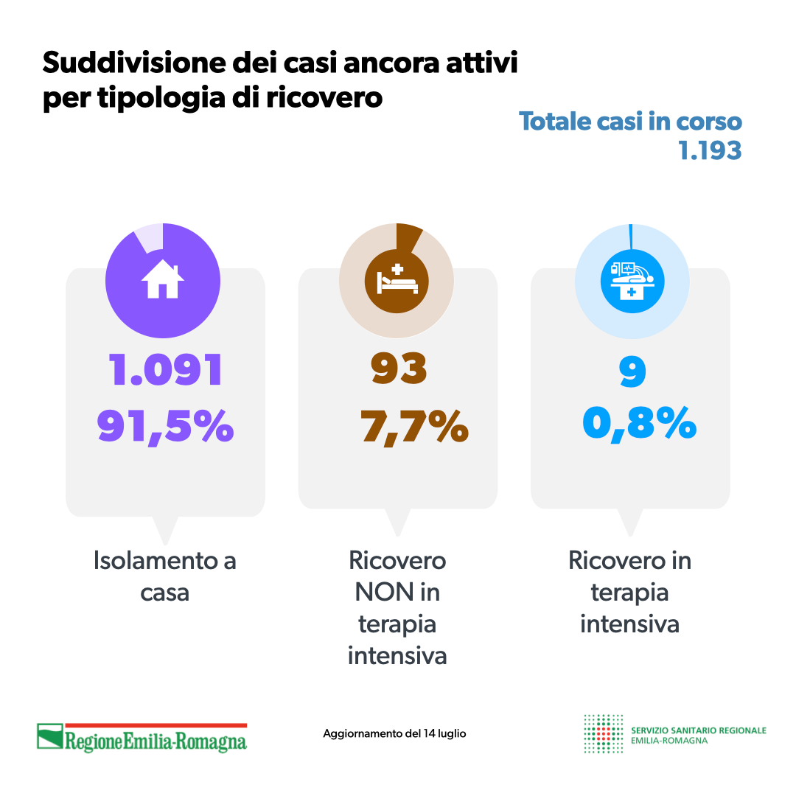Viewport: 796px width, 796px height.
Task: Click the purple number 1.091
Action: click(166, 370)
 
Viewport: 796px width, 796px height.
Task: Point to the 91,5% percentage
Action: click(166, 426)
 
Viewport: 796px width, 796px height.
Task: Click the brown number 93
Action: click(399, 369)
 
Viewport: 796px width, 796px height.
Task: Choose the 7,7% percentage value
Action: click(415, 426)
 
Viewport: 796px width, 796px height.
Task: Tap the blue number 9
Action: click(632, 372)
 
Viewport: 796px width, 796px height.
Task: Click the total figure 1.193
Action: click(710, 150)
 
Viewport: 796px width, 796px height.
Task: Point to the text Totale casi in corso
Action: click(630, 122)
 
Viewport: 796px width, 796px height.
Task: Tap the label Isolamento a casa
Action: click(165, 576)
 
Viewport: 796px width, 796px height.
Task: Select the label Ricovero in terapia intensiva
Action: click(630, 592)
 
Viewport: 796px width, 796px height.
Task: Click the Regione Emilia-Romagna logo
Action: click(142, 736)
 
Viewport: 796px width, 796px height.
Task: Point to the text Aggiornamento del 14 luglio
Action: click(394, 734)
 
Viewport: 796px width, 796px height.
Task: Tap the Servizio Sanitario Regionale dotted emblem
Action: click(602, 733)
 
